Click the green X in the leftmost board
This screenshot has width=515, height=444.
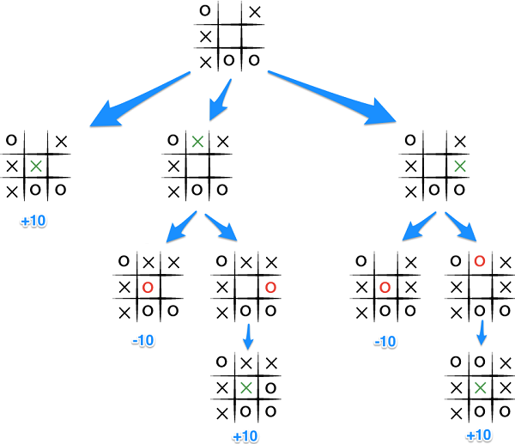tap(36, 165)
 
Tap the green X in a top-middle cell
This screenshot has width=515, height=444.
tap(198, 141)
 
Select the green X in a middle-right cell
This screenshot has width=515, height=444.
tap(461, 165)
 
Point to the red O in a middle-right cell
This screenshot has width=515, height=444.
tap(270, 286)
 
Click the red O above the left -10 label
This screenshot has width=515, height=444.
tap(148, 286)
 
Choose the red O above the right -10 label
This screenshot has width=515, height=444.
tap(385, 286)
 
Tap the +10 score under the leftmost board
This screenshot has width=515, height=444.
tap(33, 222)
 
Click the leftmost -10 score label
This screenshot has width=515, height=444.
tap(143, 341)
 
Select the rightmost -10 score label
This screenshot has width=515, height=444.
tap(385, 341)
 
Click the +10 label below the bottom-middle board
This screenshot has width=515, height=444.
tap(245, 436)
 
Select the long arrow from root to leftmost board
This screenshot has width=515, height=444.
tap(142, 97)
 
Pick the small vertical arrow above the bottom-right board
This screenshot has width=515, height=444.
tap(482, 331)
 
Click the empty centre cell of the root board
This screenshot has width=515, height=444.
tap(229, 37)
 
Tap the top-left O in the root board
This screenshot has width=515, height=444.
tap(204, 11)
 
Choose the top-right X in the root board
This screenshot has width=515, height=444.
tap(254, 12)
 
